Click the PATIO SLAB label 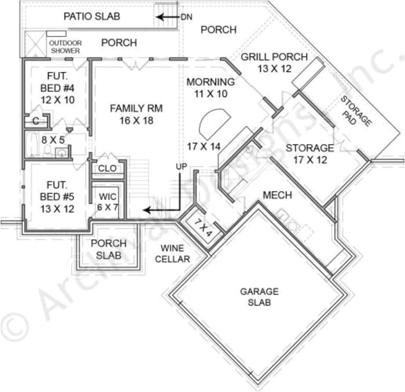click(91, 16)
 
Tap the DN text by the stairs click(186, 17)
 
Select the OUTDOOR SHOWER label click(65, 47)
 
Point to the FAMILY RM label click(136, 114)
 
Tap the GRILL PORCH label click(274, 63)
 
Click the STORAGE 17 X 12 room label click(310, 153)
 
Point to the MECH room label click(277, 195)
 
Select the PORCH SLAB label click(105, 249)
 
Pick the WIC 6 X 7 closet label click(108, 199)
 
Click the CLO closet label click(108, 168)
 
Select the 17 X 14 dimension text click(204, 146)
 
